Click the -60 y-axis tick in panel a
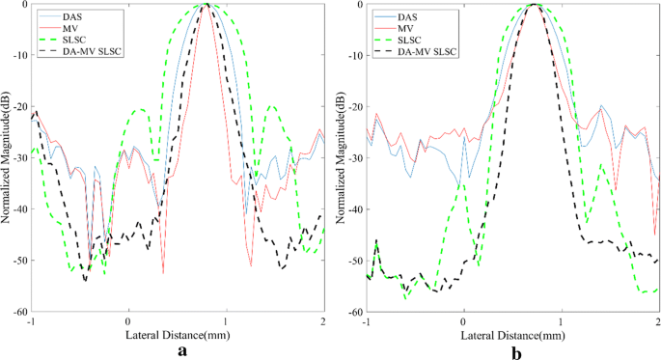[x=18, y=313]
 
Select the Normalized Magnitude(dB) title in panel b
[x=343, y=158]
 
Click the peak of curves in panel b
[x=537, y=6]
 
